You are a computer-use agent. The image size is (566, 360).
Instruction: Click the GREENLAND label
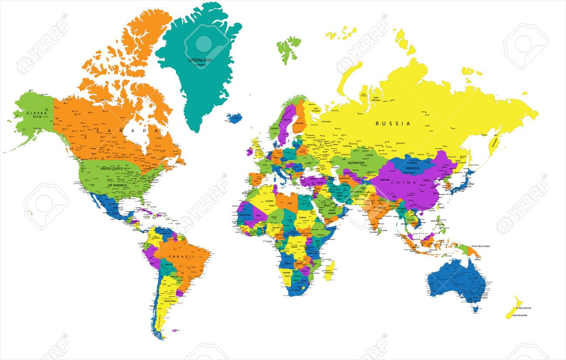[200, 60]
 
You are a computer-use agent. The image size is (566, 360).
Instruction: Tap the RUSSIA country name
[393, 123]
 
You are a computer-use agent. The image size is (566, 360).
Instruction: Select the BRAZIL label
[183, 257]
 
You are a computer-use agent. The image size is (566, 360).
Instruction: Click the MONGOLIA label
[413, 168]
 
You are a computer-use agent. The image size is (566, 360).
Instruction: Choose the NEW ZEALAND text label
[519, 315]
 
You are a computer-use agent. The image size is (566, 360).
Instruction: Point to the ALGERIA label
[270, 202]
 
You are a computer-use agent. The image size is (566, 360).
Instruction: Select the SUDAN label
[303, 217]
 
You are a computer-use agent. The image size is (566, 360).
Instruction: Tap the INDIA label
[382, 208]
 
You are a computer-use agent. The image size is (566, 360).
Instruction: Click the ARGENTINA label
[170, 301]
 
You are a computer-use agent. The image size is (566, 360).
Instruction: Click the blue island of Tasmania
[475, 310]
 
